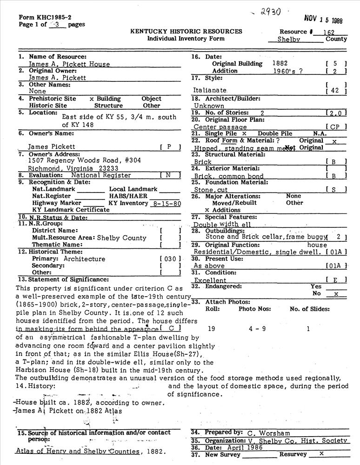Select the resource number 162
325,32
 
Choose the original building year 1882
281,63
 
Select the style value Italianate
210,90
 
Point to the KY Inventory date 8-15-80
162,203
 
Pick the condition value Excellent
210,280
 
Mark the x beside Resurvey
321,454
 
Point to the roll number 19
211,329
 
